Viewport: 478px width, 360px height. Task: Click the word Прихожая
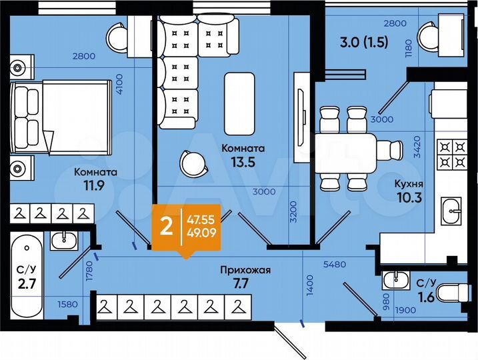pos(246,270)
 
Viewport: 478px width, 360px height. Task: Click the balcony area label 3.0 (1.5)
pos(355,45)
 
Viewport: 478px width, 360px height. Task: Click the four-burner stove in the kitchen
pos(449,155)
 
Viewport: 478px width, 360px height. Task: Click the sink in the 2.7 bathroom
pos(65,238)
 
